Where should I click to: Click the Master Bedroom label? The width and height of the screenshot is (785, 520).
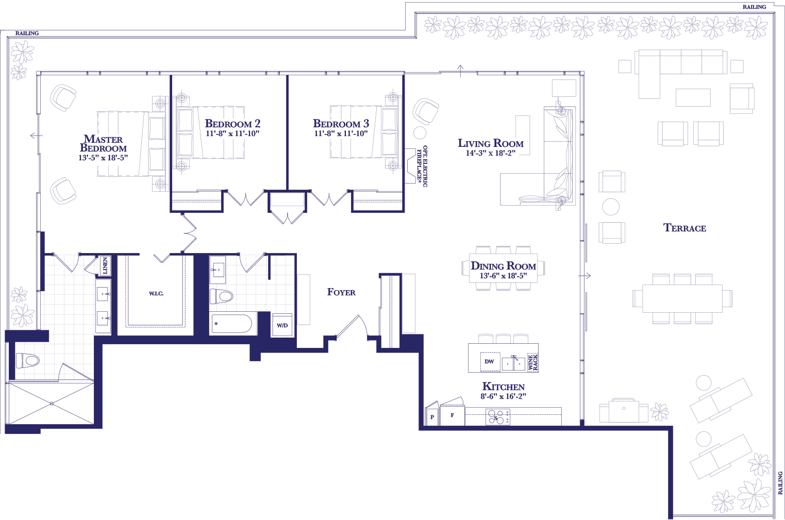[103, 144]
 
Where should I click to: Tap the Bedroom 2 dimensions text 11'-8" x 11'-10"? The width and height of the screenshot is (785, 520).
[232, 133]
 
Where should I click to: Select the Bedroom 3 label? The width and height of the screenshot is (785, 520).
[341, 123]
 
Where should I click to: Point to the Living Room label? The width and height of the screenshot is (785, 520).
[491, 143]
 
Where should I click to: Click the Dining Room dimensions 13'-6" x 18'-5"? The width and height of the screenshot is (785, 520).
[503, 276]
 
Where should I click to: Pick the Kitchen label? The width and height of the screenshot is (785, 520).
[504, 387]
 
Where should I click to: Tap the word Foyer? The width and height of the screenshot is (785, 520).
[341, 292]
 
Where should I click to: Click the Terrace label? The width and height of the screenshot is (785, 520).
[684, 228]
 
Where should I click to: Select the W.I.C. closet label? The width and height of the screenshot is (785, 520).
[156, 294]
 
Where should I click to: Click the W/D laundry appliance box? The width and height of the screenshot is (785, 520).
[282, 325]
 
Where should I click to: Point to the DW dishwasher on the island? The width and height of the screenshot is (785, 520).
[490, 362]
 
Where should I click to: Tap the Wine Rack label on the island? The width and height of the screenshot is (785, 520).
[532, 362]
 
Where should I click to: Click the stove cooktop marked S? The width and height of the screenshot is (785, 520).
[497, 417]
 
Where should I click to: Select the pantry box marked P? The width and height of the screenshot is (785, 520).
[432, 416]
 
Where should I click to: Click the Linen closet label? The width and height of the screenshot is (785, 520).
[105, 265]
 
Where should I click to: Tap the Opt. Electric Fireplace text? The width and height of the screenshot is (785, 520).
[422, 166]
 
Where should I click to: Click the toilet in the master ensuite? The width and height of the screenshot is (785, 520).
[28, 361]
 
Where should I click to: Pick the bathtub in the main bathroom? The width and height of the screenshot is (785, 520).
[231, 324]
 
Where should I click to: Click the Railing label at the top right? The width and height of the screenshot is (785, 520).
[754, 7]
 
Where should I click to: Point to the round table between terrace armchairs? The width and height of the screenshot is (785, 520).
[611, 207]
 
